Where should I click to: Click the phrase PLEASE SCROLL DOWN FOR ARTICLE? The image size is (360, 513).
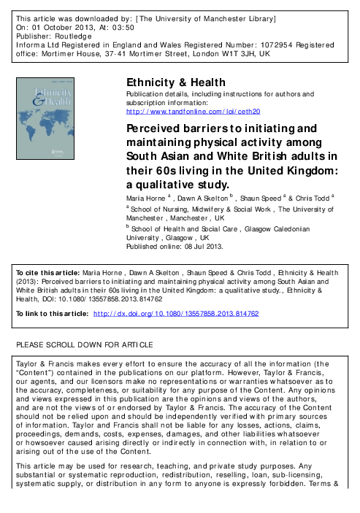[x=84, y=344]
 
